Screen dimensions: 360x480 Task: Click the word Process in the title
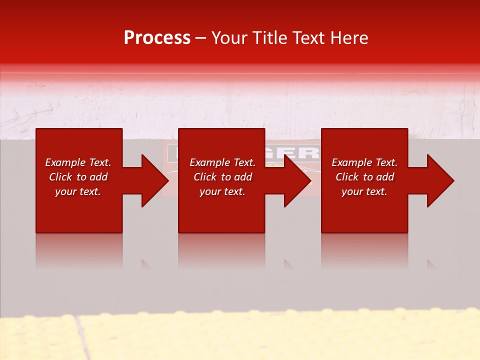tap(157, 38)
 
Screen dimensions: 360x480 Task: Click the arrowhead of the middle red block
tap(296, 180)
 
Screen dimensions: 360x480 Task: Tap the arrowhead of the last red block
tap(439, 180)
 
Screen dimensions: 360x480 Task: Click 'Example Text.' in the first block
tap(78, 162)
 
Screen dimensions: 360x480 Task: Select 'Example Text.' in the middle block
tap(222, 162)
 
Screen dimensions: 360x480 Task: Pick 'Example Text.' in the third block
tap(364, 162)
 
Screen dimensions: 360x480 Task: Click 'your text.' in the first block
tap(78, 191)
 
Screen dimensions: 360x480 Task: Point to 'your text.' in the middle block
tap(222, 191)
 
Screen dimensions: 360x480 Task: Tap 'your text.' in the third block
tap(364, 191)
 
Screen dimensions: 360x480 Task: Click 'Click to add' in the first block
tap(78, 177)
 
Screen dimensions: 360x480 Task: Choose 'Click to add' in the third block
tap(364, 177)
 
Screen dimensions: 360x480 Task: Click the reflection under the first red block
tap(79, 250)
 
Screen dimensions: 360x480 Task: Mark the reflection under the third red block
tap(364, 250)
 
